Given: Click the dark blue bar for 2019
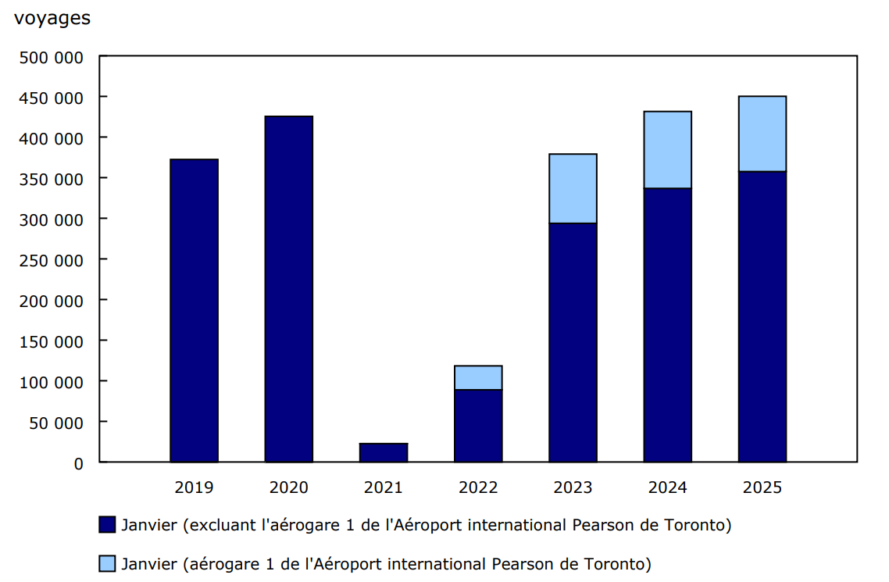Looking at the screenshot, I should (194, 311).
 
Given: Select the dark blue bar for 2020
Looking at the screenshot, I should (288, 289).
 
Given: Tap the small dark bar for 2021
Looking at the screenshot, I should (384, 453).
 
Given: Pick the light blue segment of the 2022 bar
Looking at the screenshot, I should (478, 377).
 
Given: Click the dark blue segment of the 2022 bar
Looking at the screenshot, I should (478, 426).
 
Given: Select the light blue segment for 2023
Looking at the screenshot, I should (573, 188).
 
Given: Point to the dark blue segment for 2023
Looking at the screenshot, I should (573, 343).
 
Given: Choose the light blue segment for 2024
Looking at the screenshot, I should (667, 150).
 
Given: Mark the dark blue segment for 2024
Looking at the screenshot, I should (667, 325).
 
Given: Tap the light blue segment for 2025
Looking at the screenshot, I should (762, 134).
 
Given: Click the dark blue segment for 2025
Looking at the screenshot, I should (762, 316).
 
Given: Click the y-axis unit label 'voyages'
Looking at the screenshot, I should (52, 20).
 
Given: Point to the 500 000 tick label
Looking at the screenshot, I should (51, 57).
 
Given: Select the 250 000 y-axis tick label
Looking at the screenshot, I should (51, 260).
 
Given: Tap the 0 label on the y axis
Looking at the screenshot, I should (77, 463).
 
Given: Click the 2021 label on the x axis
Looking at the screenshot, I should (384, 487).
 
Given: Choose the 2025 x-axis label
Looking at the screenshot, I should (762, 487).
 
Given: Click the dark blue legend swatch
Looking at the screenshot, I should (107, 525).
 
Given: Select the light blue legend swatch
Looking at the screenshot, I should (107, 563).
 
